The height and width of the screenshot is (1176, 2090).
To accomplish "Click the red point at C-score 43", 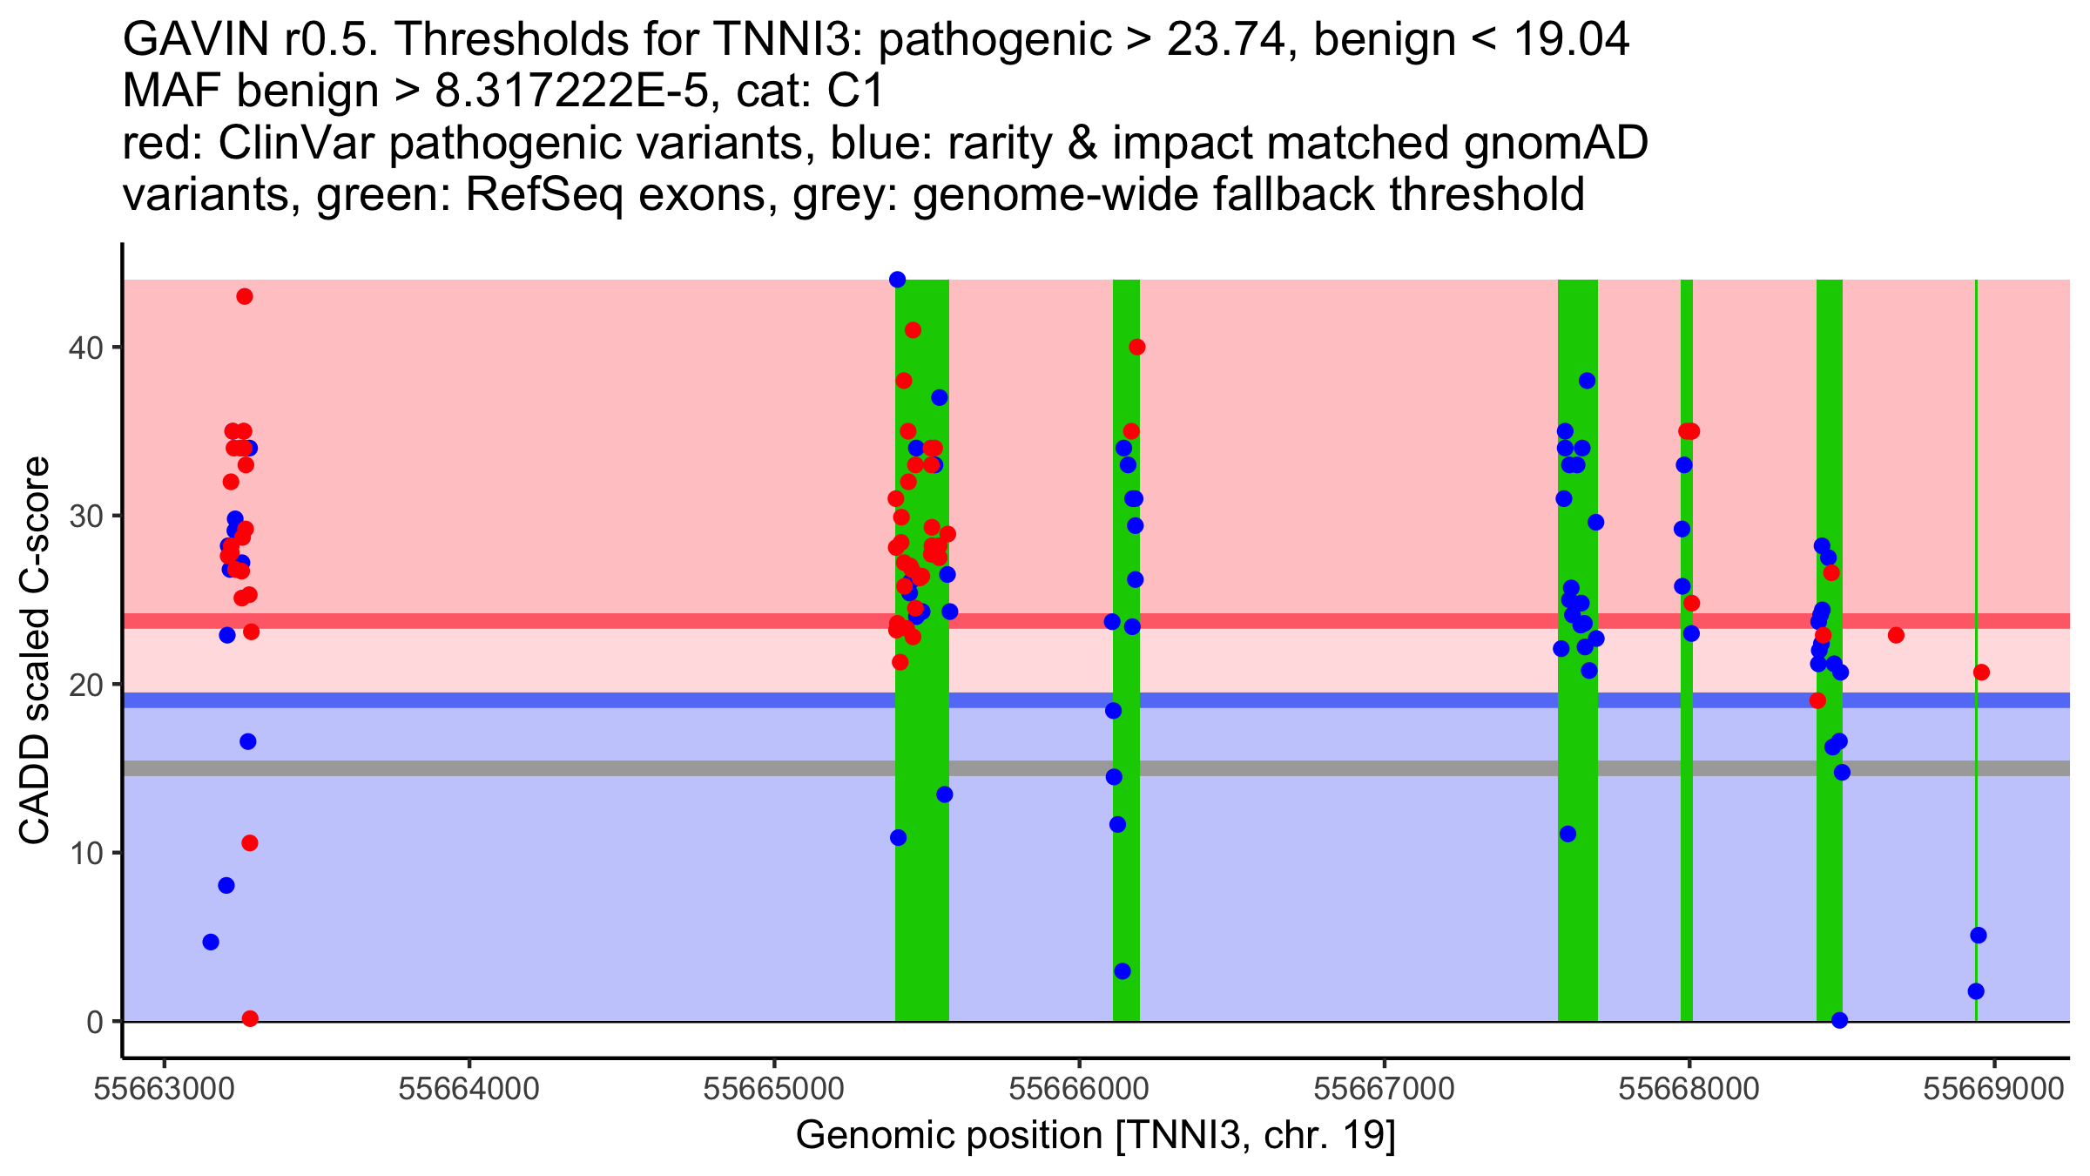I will tap(245, 297).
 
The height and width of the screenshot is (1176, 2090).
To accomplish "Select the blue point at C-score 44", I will tap(898, 280).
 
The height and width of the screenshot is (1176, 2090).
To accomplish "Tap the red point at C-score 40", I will tap(1137, 348).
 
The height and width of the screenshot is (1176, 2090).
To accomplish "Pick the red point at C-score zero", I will tap(250, 1018).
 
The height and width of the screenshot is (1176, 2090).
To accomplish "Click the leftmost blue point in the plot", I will tap(211, 942).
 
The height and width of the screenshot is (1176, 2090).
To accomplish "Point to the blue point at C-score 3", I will tap(1123, 971).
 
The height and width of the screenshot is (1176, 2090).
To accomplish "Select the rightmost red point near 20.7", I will tap(1981, 672).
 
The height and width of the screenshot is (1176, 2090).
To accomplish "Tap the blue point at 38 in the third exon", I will tap(1588, 381).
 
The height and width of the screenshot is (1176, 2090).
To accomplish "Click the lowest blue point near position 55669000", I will tap(1976, 991).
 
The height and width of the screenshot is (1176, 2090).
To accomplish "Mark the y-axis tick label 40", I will tap(85, 348).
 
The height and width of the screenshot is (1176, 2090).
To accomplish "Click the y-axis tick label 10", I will tap(85, 853).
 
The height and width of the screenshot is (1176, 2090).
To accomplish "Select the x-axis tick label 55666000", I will tap(1079, 1090).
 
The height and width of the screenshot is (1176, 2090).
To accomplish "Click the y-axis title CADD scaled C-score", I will tap(35, 651).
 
